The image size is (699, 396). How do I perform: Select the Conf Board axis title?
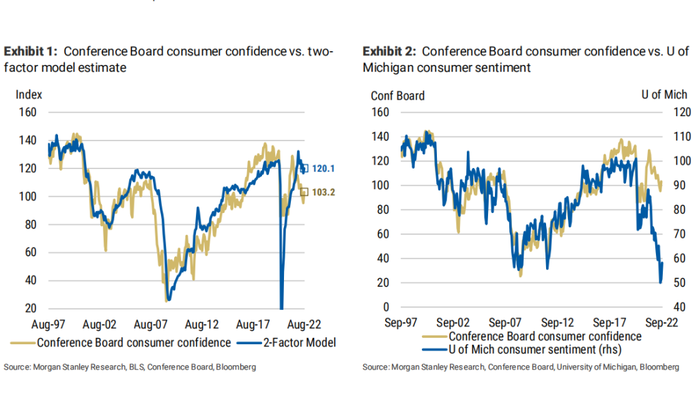point(397,96)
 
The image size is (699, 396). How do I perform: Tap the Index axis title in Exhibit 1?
point(29,94)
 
